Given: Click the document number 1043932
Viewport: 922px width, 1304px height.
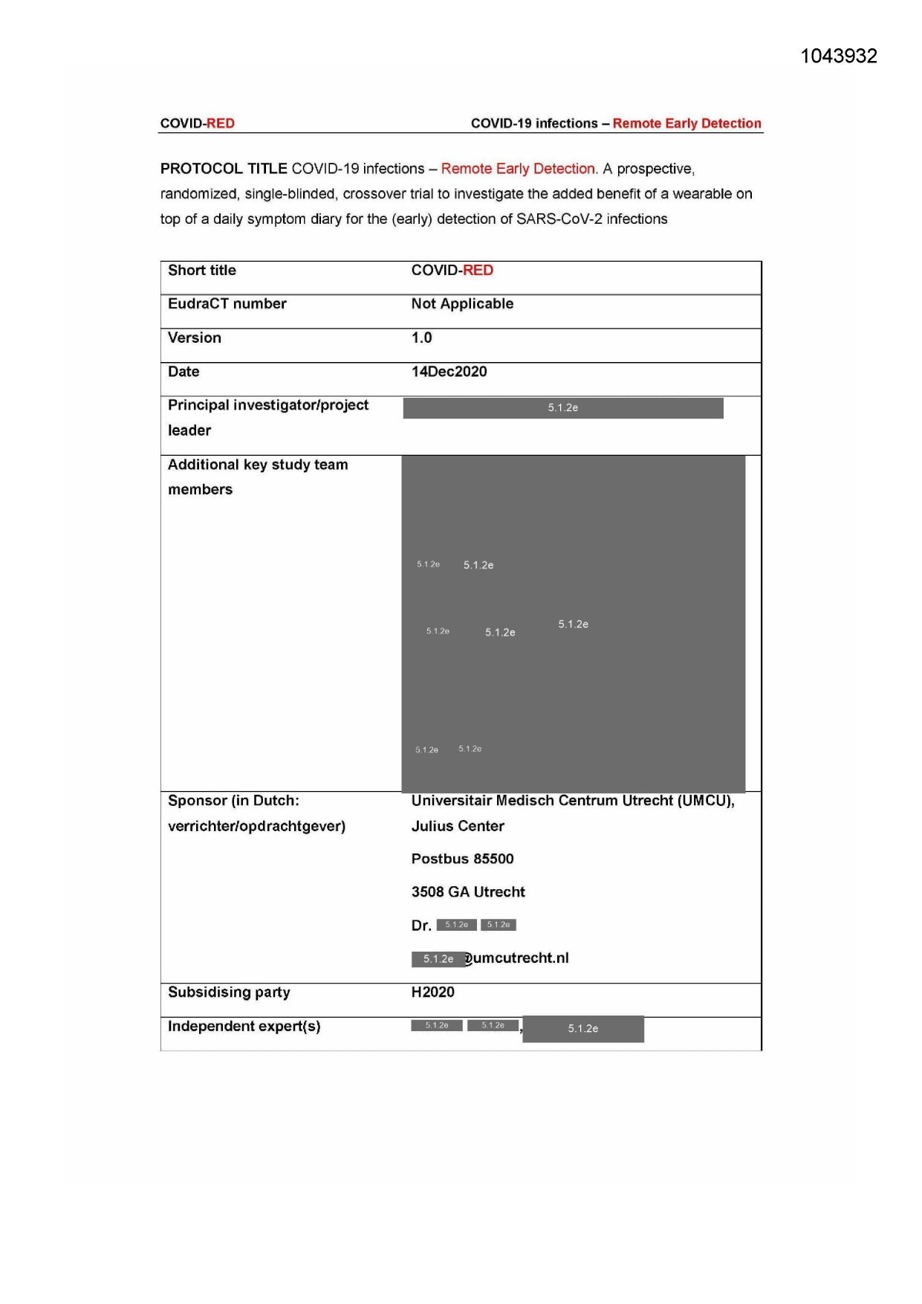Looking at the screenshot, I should (838, 57).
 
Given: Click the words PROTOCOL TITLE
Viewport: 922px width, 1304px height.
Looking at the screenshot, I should (223, 169).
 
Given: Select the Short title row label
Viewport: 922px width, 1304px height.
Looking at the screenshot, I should (202, 271).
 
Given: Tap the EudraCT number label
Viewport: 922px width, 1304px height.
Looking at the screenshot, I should (227, 304).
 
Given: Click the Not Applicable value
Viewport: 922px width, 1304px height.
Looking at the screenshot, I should (462, 304).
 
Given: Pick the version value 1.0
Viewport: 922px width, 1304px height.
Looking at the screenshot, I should (421, 338).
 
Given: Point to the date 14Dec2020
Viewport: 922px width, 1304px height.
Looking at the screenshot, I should (449, 372).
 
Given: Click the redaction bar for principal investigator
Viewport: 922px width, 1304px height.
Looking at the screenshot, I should (562, 408).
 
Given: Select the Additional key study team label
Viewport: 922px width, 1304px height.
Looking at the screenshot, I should (257, 465).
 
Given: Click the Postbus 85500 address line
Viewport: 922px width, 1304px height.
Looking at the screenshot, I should (462, 859).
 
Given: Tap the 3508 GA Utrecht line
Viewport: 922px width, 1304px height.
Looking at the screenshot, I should (468, 892).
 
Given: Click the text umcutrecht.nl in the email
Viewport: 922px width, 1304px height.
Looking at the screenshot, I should (521, 958).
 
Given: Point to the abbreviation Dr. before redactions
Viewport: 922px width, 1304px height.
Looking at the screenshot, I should (421, 926).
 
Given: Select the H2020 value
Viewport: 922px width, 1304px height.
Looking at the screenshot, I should (432, 992).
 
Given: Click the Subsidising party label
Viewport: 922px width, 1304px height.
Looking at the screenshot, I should (229, 992).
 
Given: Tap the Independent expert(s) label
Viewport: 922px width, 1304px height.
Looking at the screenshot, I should (244, 1027).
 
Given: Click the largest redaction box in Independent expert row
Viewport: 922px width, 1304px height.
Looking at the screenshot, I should (583, 1029).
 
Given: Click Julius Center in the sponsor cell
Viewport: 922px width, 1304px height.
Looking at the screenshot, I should (458, 827).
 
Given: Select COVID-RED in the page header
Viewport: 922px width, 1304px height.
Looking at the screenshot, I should (198, 123).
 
